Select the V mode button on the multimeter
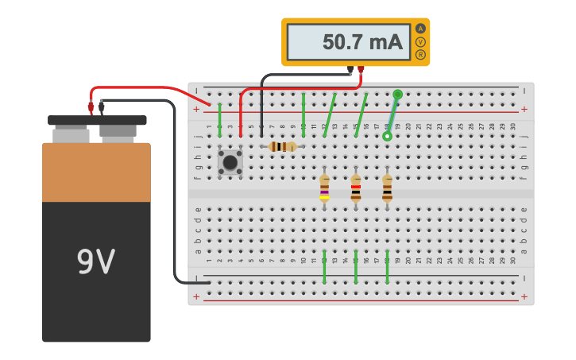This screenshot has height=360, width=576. [x=420, y=41]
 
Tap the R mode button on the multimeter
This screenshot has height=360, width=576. [x=420, y=55]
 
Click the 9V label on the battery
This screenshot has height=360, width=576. [x=95, y=261]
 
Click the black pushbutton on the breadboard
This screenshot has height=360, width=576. [x=230, y=162]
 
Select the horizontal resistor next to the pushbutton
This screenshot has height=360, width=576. [x=282, y=146]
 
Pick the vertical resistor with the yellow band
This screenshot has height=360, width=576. [x=324, y=189]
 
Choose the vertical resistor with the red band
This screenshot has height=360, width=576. [x=355, y=189]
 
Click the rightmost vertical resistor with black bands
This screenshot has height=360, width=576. [x=387, y=189]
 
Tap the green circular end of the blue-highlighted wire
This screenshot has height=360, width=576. [x=397, y=95]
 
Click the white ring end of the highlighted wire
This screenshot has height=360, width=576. [x=387, y=137]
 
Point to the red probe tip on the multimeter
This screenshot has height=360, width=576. [x=361, y=71]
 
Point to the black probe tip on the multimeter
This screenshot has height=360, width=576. [x=350, y=71]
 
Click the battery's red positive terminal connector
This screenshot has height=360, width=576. [x=91, y=106]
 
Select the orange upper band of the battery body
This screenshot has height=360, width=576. [x=96, y=172]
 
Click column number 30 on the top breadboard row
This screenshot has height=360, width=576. [x=513, y=126]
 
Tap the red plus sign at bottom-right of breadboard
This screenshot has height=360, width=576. [x=524, y=296]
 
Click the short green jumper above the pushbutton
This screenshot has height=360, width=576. [x=220, y=120]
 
